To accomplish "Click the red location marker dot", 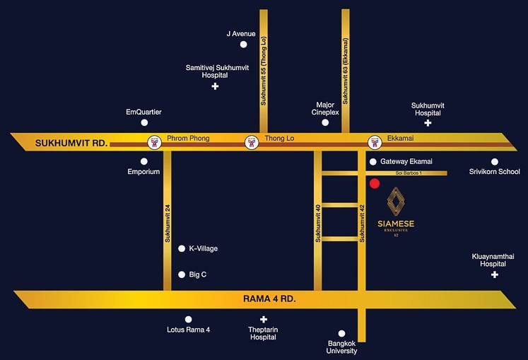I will pos(375,185).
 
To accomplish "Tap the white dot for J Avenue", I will pos(244,45).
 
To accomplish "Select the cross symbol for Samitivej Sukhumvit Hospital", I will pos(216,86).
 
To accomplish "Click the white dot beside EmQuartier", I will pos(144,122).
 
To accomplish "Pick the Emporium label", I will pos(144,172).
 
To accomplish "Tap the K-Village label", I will pos(203,249).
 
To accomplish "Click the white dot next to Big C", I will pos(182,274).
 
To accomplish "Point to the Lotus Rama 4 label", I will pos(188,330).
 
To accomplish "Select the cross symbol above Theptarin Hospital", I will pos(263,320).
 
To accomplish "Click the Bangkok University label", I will pos(342,347).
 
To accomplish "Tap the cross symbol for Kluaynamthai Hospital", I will pos(495,274).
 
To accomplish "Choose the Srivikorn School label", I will pos(495,172).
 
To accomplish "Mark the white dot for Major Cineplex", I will pos(325,122).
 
